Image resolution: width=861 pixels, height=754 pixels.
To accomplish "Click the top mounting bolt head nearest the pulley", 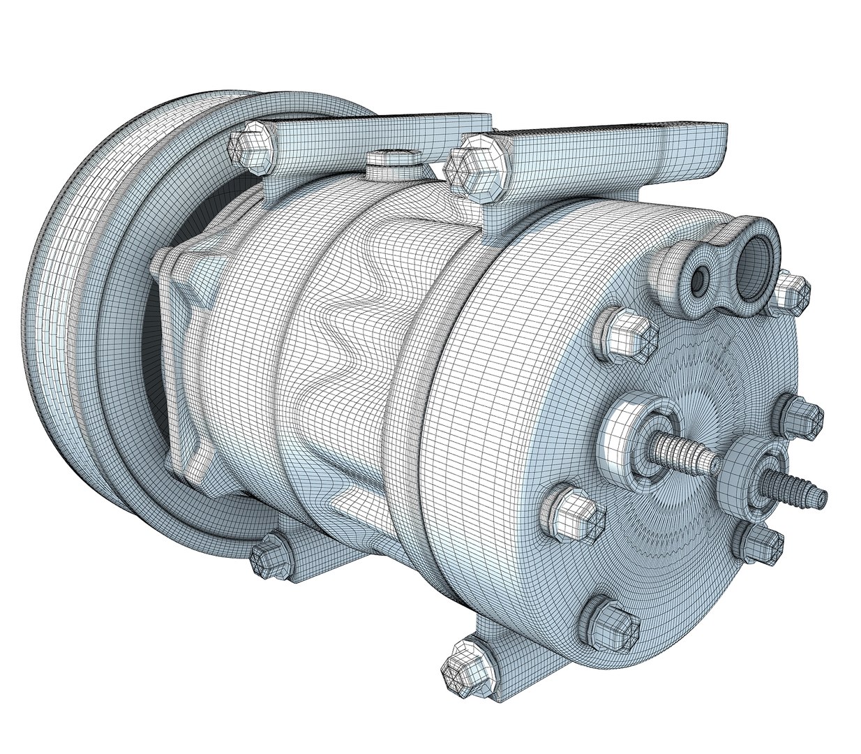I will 250,145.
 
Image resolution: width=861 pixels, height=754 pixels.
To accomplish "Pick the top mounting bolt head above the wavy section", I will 477,168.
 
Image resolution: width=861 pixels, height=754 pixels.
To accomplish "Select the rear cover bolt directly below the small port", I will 632,335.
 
